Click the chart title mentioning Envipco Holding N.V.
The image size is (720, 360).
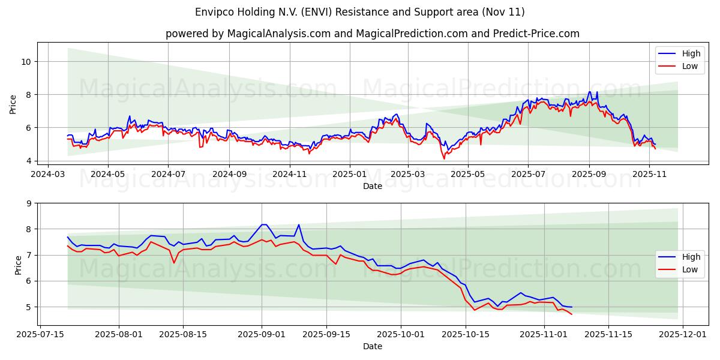pos(360,12)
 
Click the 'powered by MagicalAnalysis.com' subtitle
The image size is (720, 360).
pos(372,34)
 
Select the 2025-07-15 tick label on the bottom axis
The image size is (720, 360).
pos(40,334)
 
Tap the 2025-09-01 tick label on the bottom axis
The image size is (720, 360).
pos(262,334)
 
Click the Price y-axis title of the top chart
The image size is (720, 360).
pos(13,103)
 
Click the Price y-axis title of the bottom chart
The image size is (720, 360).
pos(18,264)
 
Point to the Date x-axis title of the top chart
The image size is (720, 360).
pos(372,186)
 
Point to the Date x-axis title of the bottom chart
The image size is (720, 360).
pos(372,346)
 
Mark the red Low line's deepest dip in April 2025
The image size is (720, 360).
pos(445,158)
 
